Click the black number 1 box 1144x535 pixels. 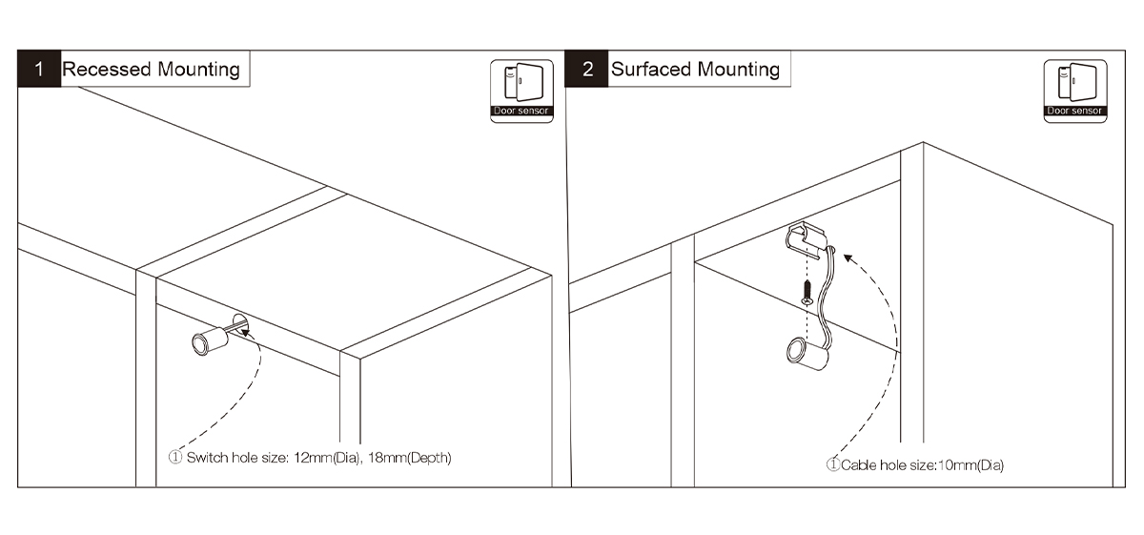coord(39,70)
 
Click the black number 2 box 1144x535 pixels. coord(588,70)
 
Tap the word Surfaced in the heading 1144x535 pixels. coord(651,70)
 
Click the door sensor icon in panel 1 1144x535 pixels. coord(521,91)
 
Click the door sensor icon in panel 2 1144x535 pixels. coord(1074,91)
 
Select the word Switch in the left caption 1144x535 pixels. coord(205,458)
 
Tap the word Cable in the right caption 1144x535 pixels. coord(855,465)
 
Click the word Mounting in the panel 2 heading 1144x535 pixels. coord(738,70)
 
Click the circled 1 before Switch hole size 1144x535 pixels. coord(175,458)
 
